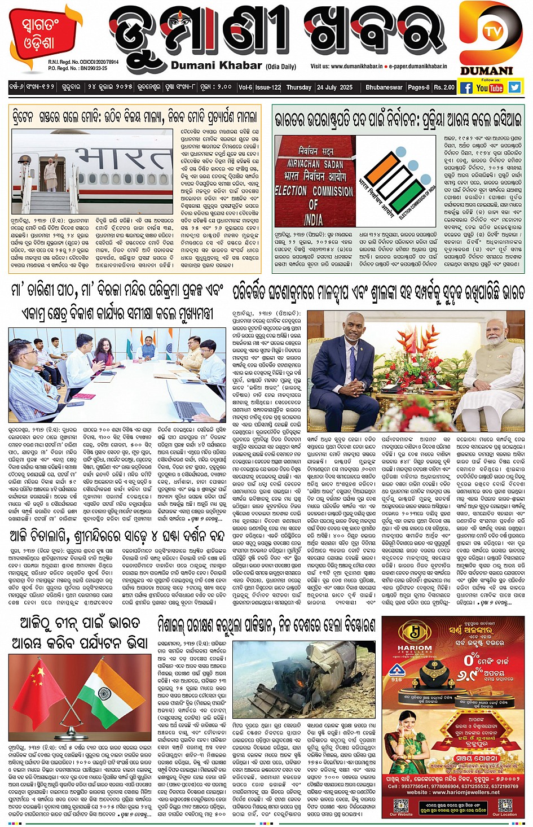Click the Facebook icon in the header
click(x=466, y=87)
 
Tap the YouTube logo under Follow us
click(x=489, y=87)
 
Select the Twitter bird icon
click(x=514, y=87)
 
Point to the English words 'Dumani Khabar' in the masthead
click(x=216, y=65)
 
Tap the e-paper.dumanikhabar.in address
click(x=417, y=66)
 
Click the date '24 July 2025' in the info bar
click(x=334, y=87)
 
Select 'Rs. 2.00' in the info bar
click(x=444, y=87)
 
